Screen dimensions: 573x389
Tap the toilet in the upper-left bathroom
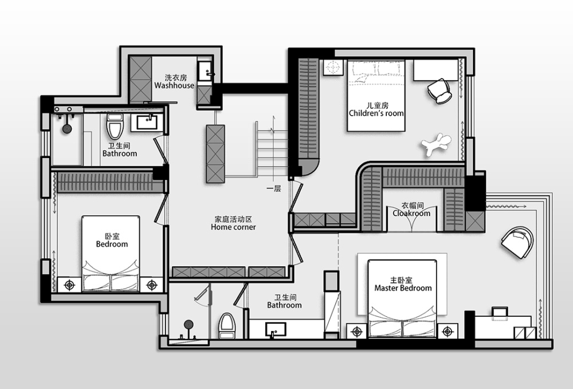[x=115, y=126]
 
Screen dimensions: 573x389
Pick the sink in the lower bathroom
[x=276, y=330]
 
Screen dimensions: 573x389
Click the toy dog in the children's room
[x=437, y=144]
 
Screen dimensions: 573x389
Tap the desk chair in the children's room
[x=439, y=91]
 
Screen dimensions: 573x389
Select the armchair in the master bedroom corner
[x=517, y=242]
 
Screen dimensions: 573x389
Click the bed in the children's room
[x=376, y=96]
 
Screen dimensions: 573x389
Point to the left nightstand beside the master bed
[x=356, y=331]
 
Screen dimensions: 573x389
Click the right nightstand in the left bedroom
[x=152, y=285]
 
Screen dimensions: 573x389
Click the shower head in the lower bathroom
[x=189, y=324]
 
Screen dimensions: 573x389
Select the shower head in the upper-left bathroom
[x=67, y=128]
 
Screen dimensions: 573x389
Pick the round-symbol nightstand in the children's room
[x=332, y=67]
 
